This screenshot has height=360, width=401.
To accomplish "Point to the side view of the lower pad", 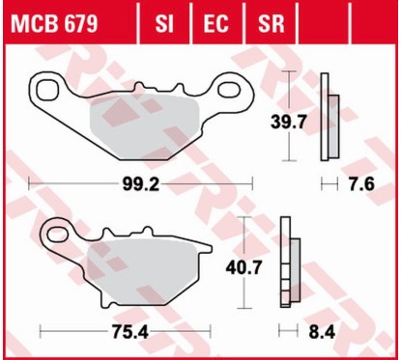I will tap(286, 261).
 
